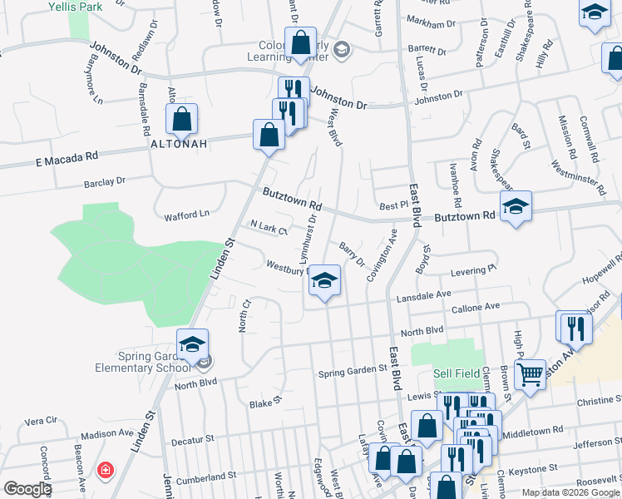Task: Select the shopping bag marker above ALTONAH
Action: [x=181, y=120]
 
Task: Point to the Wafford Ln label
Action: [x=186, y=214]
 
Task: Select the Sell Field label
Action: [x=457, y=373]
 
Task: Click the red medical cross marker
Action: [x=106, y=471]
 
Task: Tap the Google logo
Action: [x=27, y=489]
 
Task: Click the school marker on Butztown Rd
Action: [x=516, y=207]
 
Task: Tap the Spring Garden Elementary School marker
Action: [x=192, y=345]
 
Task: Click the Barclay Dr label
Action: [x=104, y=180]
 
